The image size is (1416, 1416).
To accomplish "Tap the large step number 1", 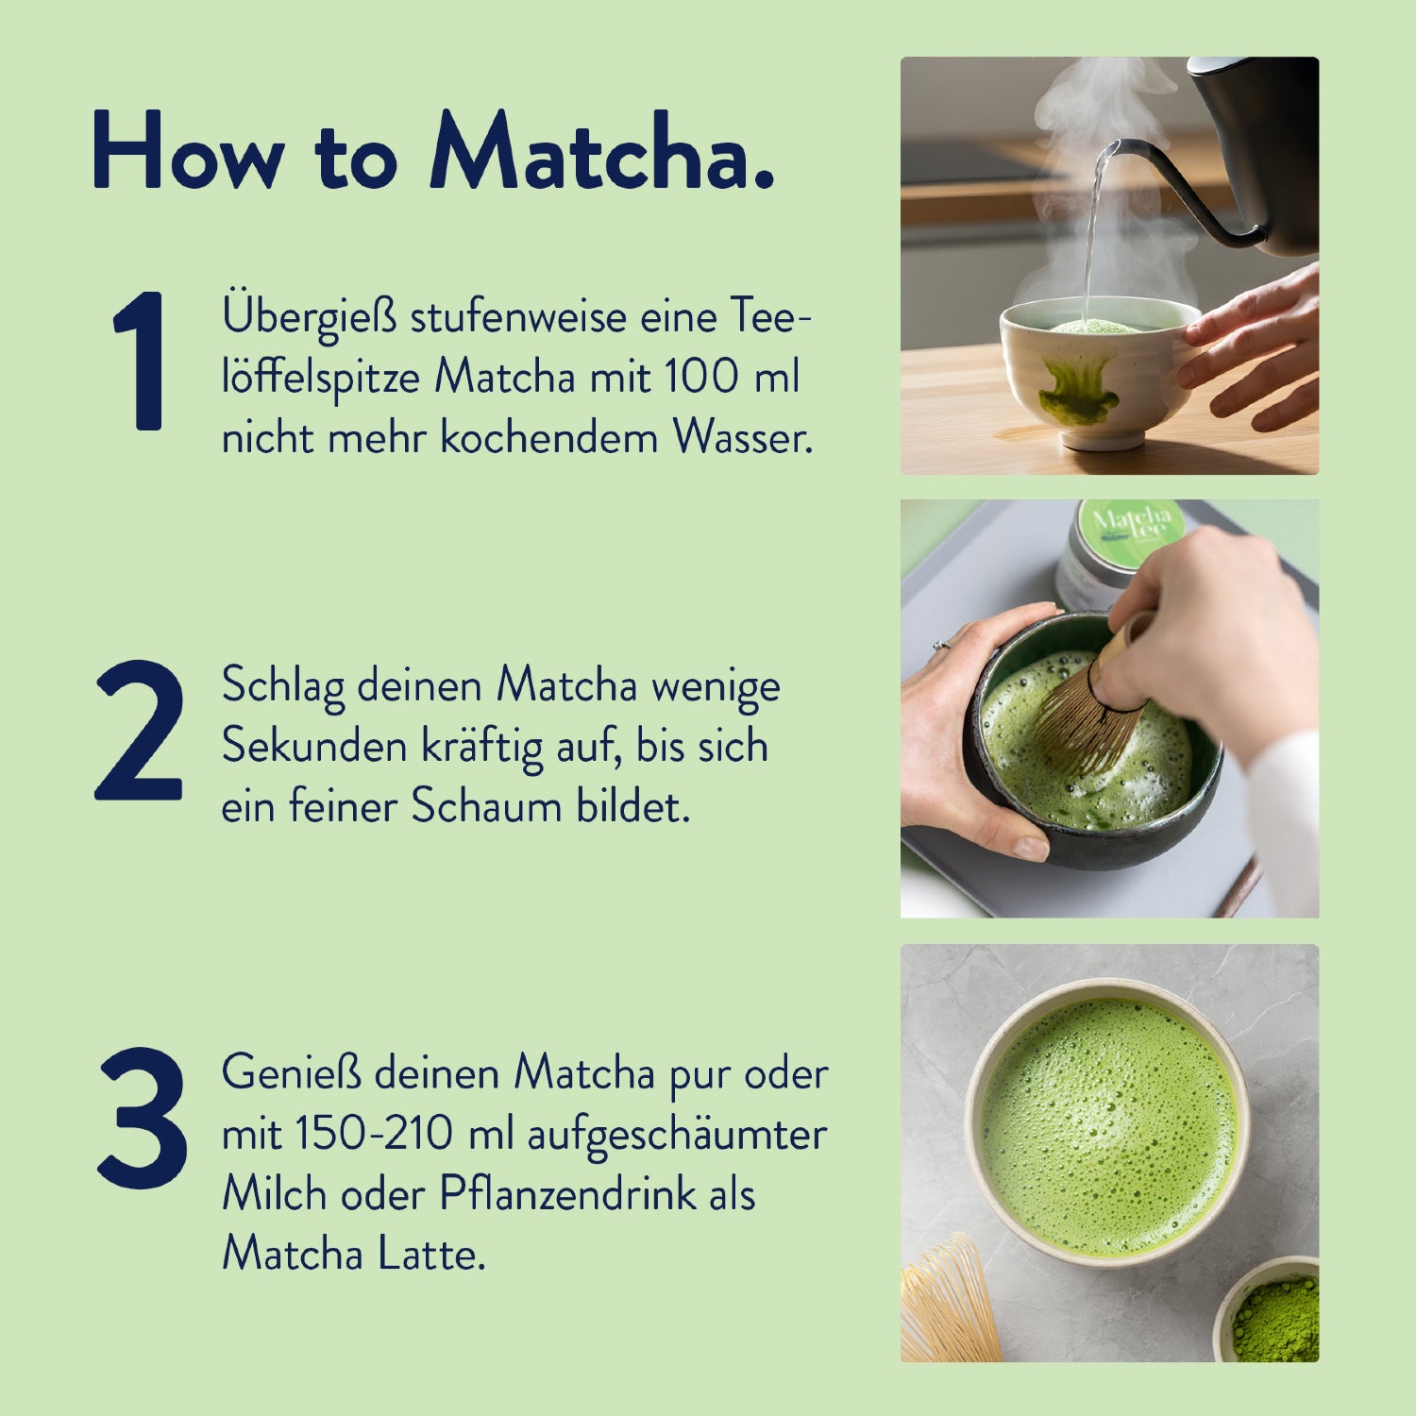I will click(x=142, y=362).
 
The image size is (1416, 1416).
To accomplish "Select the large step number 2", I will click(x=139, y=731).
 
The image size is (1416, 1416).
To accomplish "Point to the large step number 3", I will click(x=143, y=1118).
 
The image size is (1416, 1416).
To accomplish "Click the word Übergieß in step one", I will click(x=309, y=317).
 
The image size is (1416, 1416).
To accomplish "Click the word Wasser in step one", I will click(x=742, y=438).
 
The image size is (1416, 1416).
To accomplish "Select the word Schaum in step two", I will click(x=486, y=807).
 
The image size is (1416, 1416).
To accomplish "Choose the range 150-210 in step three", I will click(x=374, y=1134).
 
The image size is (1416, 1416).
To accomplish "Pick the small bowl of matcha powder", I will click(x=1274, y=1317).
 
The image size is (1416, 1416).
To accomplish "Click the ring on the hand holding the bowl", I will click(x=940, y=646).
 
